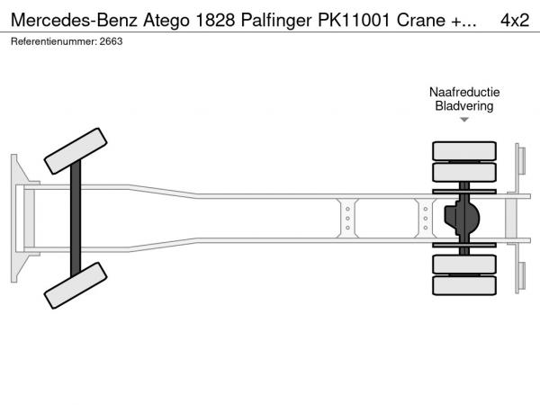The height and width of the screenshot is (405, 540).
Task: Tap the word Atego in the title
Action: pos(166,21)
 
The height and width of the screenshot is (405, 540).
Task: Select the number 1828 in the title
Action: pos(215,21)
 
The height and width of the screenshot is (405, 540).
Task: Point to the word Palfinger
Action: pos(276,21)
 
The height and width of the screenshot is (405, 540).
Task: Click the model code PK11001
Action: pos(354,21)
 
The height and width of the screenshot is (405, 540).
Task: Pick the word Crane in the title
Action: pos(421,21)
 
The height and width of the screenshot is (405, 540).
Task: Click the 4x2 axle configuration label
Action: pos(515,21)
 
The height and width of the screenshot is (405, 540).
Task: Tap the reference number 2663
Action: pos(111,41)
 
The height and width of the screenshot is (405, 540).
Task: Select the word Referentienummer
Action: pos(53,41)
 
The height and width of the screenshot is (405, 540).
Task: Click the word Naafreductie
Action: pos(464,92)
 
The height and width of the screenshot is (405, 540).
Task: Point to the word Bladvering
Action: pos(464,105)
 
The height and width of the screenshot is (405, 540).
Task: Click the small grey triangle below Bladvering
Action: pos(464,120)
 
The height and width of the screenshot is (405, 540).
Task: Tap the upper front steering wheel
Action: pos(76,151)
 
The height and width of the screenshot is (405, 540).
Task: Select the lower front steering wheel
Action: pos(76,285)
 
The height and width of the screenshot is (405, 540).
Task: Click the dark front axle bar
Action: pos(76,219)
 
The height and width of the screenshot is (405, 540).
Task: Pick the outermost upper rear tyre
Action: pos(464,151)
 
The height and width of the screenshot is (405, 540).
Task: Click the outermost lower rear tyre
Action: pos(464,285)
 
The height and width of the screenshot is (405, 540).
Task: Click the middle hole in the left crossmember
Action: pos(347,219)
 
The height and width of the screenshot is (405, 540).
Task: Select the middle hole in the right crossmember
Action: pos(426,219)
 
